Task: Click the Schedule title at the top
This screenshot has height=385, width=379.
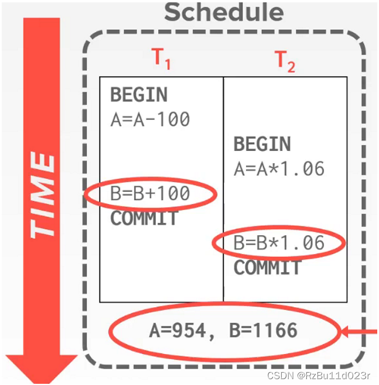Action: (x=223, y=12)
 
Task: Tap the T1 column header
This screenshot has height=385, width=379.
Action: (x=161, y=59)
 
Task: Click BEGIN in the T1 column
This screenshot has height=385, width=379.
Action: (x=139, y=95)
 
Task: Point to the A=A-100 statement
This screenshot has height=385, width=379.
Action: (x=150, y=119)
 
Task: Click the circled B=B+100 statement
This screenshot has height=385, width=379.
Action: (x=150, y=194)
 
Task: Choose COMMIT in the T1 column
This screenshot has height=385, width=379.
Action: (x=144, y=218)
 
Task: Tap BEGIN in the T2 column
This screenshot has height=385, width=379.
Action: (x=262, y=144)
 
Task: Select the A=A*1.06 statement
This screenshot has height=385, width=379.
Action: (x=279, y=169)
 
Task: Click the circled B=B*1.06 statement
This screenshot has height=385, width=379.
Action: (x=279, y=243)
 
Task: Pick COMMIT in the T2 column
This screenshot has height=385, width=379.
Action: (x=267, y=268)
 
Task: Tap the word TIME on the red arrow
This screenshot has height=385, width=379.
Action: (x=42, y=196)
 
